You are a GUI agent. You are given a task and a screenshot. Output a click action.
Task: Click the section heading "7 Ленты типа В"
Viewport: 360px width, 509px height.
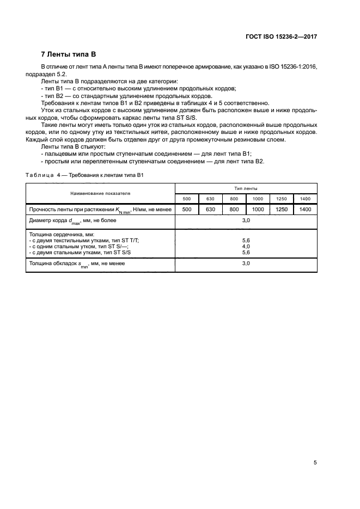point(69,54)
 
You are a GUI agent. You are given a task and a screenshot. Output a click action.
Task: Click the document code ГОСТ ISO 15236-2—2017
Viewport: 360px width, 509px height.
point(278,36)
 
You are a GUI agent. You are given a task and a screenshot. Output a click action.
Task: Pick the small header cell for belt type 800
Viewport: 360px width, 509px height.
point(234,199)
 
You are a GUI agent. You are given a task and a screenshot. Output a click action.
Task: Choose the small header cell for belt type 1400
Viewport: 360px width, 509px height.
point(305,199)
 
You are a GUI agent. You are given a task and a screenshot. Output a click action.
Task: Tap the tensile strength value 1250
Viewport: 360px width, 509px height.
point(282,210)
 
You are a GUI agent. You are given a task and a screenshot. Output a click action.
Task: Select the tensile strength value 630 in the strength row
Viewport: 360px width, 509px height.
point(210,210)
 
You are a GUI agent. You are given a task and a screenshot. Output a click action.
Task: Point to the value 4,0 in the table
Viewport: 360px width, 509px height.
point(246,246)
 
